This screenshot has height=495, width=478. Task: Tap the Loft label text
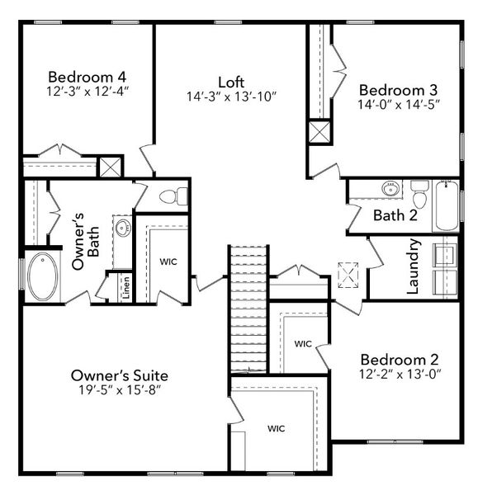(231, 82)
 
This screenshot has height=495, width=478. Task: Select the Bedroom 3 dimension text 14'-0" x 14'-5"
(399, 105)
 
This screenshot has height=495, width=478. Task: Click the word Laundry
(414, 266)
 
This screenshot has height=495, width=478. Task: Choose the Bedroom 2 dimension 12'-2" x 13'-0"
(400, 375)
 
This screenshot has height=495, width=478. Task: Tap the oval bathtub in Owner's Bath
(42, 276)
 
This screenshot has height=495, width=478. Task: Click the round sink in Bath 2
(390, 189)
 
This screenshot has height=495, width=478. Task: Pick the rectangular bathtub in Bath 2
(446, 205)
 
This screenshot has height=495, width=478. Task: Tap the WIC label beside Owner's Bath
(168, 262)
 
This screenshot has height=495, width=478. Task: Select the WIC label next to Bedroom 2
(302, 343)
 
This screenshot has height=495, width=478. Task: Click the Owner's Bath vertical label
(86, 246)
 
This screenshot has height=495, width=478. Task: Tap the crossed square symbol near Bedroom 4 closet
(110, 167)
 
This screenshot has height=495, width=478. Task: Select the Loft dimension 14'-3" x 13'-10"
(231, 97)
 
